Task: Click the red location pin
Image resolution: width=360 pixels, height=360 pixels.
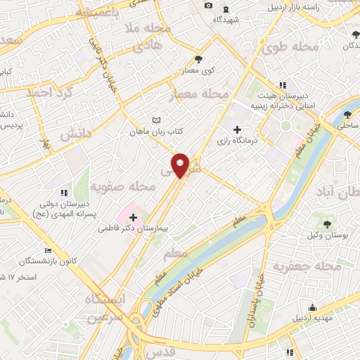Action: click(181, 165)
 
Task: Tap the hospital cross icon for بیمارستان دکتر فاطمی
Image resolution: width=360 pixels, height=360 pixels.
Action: click(133, 217)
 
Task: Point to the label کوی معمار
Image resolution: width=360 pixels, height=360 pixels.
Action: click(198, 71)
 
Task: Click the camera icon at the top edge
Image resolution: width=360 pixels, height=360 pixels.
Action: click(208, 6)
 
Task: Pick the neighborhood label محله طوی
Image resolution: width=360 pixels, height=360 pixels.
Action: click(290, 48)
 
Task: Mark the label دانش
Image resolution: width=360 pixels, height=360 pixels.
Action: click(75, 131)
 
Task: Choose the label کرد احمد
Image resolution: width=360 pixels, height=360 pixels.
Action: click(49, 92)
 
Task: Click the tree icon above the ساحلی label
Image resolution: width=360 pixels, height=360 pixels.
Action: click(347, 115)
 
